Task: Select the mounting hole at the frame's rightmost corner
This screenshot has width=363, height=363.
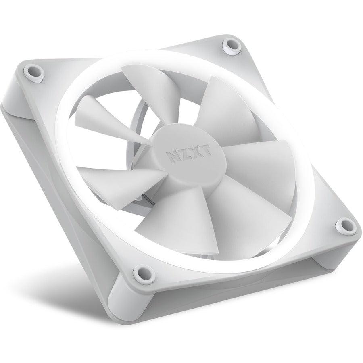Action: (345, 225)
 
